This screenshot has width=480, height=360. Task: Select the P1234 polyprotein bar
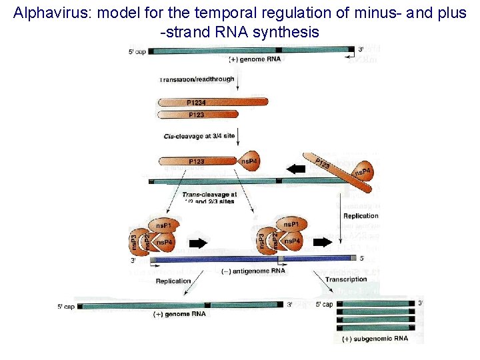[x=213, y=102]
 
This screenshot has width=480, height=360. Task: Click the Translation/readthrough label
[x=197, y=79]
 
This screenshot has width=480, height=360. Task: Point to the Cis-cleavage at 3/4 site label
[x=199, y=136]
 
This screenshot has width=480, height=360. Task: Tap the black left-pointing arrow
[x=294, y=169]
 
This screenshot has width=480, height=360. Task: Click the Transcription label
[x=346, y=279]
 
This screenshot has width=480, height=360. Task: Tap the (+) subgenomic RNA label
[x=375, y=339]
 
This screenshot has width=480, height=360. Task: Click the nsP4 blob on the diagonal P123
[x=363, y=173]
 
